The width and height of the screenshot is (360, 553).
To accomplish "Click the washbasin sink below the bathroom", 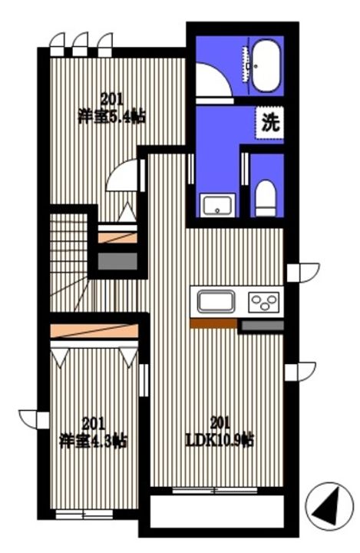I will pyautogui.click(x=218, y=205).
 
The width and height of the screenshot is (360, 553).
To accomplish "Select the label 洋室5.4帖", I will pyautogui.click(x=112, y=108).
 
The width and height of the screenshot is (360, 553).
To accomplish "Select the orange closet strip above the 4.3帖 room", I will pyautogui.click(x=94, y=329).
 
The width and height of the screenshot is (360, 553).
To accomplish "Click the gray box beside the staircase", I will pyautogui.click(x=117, y=261).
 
